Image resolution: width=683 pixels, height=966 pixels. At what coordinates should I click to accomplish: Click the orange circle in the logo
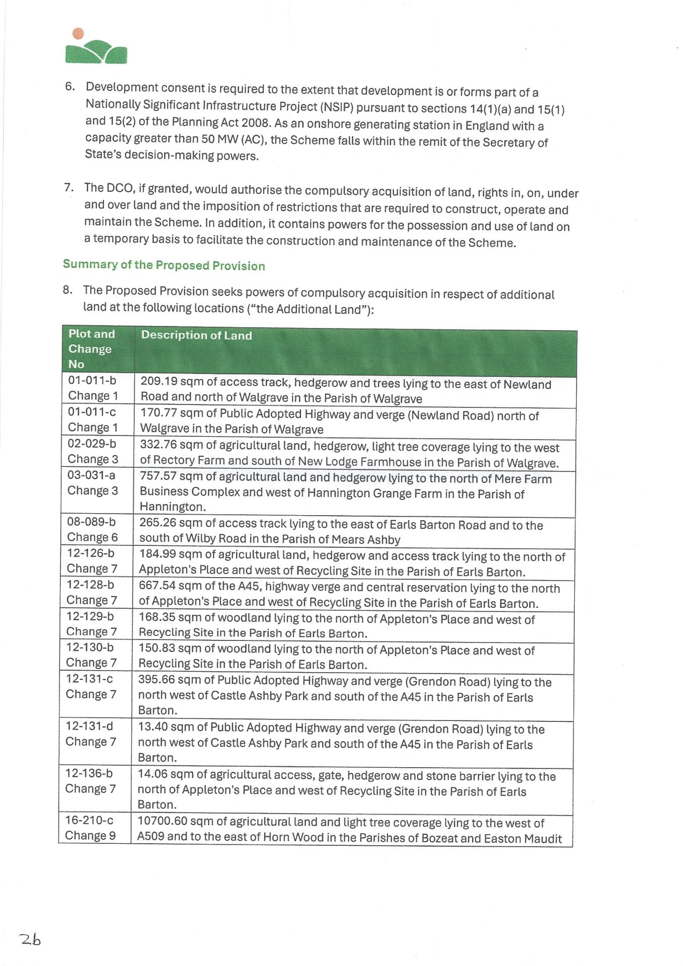[78, 34]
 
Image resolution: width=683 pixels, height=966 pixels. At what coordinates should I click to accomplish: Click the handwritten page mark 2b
[30, 939]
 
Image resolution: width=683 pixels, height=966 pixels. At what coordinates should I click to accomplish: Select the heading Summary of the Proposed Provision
[164, 265]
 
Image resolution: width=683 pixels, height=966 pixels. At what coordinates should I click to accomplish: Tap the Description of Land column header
[196, 335]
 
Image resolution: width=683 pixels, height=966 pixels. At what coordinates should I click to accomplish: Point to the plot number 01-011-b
[92, 380]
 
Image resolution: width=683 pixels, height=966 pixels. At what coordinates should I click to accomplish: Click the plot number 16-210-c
[89, 820]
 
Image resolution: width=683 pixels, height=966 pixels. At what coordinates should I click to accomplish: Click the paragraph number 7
[69, 188]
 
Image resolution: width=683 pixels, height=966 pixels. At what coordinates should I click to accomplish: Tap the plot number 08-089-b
[91, 522]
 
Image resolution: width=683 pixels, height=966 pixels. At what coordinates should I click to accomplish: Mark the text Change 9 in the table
[90, 836]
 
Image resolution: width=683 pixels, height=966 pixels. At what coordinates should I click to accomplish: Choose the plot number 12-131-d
[89, 726]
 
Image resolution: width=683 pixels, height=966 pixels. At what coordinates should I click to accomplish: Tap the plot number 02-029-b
[92, 444]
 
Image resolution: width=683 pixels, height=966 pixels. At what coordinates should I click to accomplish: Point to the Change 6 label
[92, 537]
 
